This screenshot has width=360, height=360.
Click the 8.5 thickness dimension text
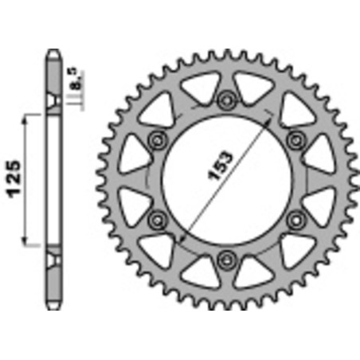[74, 80]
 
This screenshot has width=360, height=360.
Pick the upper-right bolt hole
[297, 139]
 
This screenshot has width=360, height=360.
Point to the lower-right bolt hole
[297, 217]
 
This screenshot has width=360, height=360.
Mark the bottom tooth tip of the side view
[53, 304]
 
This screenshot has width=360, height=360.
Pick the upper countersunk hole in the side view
[53, 104]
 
